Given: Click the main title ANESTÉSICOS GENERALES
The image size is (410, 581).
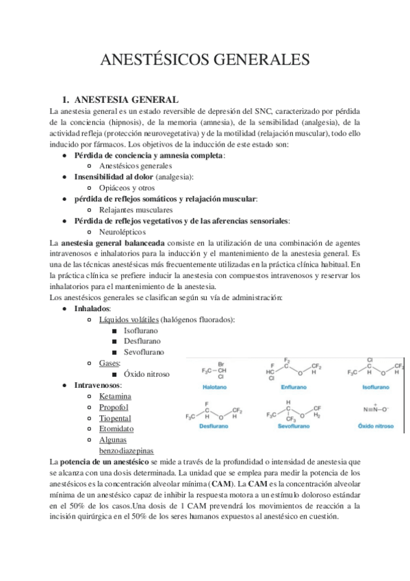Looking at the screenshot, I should point(205,60).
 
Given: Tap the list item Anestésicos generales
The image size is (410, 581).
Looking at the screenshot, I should point(136,166).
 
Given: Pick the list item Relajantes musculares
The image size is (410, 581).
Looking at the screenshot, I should point(136,210).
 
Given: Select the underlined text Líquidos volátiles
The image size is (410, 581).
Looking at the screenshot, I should point(129,320).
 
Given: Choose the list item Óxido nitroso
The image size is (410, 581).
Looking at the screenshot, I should point(146,374).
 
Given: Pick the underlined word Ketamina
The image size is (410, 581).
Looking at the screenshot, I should point(115,396).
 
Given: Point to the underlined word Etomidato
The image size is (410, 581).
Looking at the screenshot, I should point(116,429).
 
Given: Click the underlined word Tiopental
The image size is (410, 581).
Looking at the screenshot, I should point(116,418).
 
